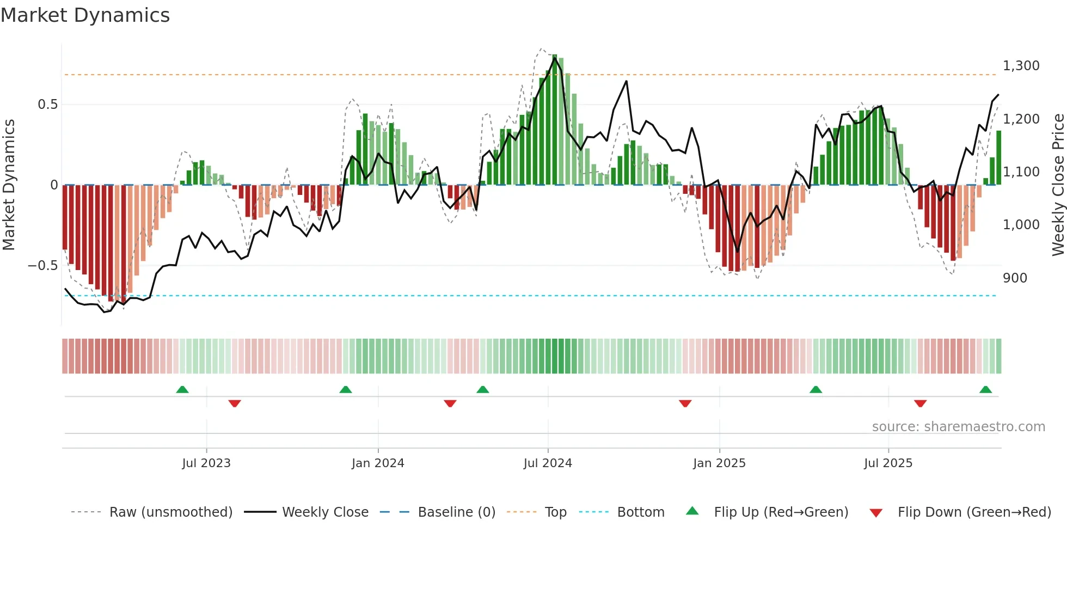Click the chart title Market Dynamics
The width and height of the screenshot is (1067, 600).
pyautogui.click(x=85, y=15)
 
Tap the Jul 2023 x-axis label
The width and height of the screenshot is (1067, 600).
pyautogui.click(x=206, y=463)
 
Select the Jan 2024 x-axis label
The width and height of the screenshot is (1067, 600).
pyautogui.click(x=378, y=463)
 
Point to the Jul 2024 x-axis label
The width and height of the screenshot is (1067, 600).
pyautogui.click(x=548, y=463)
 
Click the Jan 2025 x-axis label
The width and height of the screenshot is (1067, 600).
pyautogui.click(x=719, y=463)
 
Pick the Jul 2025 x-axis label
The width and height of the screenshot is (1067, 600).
pyautogui.click(x=888, y=463)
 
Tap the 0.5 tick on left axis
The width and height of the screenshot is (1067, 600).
pyautogui.click(x=47, y=105)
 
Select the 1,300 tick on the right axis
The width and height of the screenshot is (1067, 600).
pyautogui.click(x=1021, y=66)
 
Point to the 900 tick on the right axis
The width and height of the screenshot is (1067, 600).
pyautogui.click(x=1015, y=278)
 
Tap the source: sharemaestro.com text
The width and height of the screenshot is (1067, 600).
pyautogui.click(x=958, y=427)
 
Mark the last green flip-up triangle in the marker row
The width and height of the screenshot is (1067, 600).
pyautogui.click(x=985, y=390)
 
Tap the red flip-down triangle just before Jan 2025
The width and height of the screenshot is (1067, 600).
pyautogui.click(x=685, y=403)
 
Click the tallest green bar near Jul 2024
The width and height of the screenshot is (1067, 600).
pyautogui.click(x=554, y=120)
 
